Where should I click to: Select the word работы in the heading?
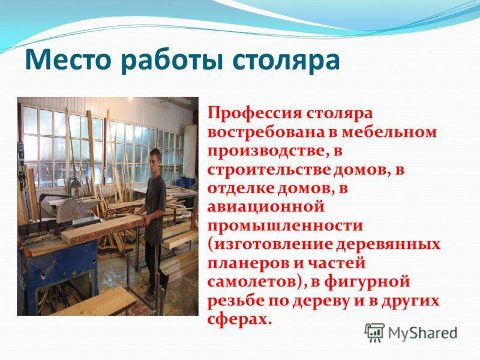(x=172, y=61)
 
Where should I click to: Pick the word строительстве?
(x=269, y=170)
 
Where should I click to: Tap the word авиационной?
(x=266, y=207)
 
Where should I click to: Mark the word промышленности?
(x=285, y=226)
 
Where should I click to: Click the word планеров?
(x=248, y=263)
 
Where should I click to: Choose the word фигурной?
(x=367, y=282)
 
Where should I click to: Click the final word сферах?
(x=239, y=319)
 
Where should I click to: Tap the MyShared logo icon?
(x=374, y=333)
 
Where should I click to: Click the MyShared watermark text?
(x=423, y=333)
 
